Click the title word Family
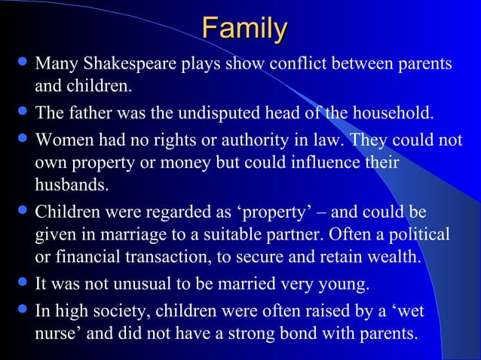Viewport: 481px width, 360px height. coord(244,30)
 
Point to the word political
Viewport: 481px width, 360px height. coord(412,235)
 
